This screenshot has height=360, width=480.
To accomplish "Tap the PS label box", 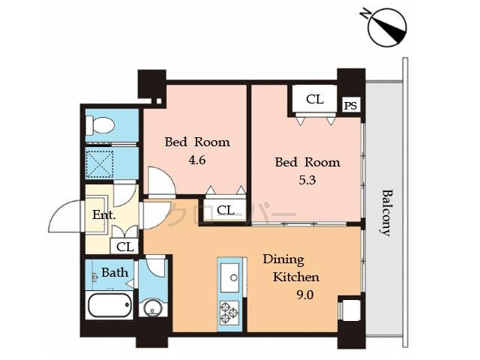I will point(350,106).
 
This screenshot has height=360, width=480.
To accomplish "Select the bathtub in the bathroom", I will point(109,306).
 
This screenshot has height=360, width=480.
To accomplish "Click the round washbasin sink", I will point(153,307).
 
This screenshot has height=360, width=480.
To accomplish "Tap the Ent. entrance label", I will point(103,214).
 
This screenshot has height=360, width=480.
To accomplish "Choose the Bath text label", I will point(115,272).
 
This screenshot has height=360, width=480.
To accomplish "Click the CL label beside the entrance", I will point(125,247).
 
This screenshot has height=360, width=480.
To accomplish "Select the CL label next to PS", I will point(314,99).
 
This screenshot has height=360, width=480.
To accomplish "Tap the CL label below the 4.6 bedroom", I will point(225,211).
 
